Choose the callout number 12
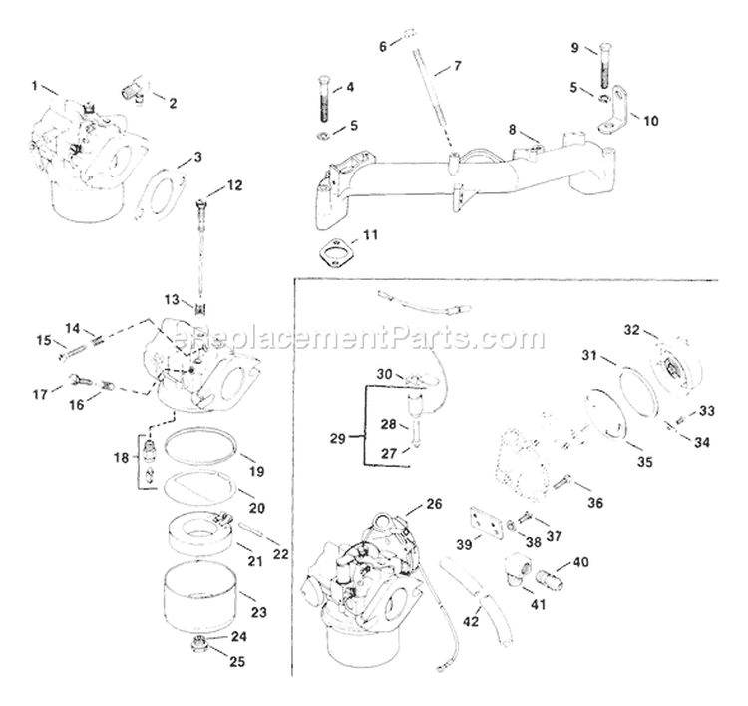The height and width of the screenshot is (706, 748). (x=234, y=184)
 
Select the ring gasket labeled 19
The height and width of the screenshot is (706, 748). (x=202, y=443)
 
